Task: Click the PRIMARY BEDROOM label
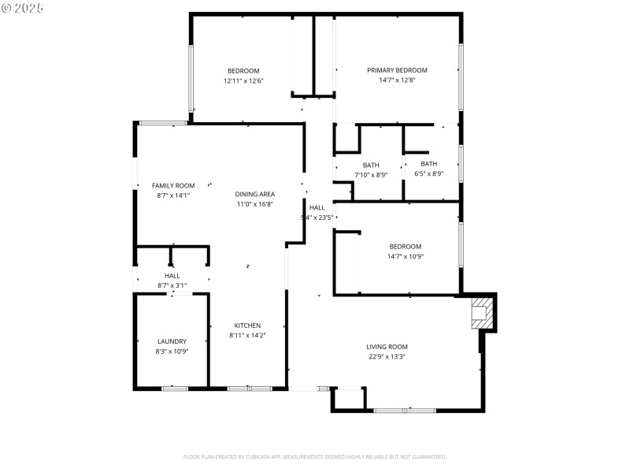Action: (x=397, y=70)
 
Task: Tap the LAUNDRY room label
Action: (x=172, y=341)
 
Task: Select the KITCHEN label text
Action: (x=247, y=326)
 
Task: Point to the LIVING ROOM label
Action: (x=387, y=347)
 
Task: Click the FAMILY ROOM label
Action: (x=173, y=185)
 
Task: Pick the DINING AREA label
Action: (x=254, y=194)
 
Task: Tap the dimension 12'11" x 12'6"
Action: (x=243, y=80)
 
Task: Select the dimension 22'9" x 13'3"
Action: (x=387, y=356)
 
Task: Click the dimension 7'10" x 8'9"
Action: (x=371, y=174)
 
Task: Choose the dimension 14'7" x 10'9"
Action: (x=405, y=255)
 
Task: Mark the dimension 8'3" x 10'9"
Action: (x=172, y=351)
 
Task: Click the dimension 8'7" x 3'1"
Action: (x=172, y=285)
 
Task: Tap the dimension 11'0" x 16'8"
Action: (x=254, y=204)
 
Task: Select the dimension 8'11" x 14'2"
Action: (x=247, y=335)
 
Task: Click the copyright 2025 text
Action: (x=24, y=7)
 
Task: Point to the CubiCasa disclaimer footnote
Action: (x=315, y=456)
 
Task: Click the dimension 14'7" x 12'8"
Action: (x=397, y=80)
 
